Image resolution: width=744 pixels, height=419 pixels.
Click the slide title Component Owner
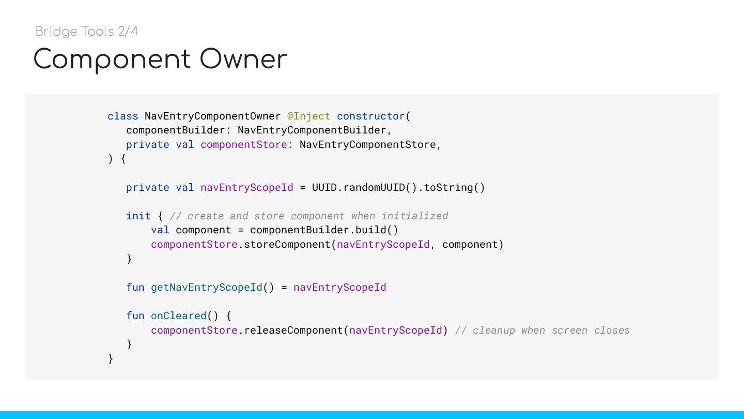pos(160,59)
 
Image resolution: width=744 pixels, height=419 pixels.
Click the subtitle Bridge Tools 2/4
pos(87,32)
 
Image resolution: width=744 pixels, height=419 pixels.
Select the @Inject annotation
pos(308,116)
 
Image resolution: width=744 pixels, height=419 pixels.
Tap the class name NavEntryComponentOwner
pos(212,116)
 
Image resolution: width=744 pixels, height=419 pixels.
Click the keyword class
pos(122,116)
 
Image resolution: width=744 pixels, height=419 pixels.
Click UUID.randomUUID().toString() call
pos(398,187)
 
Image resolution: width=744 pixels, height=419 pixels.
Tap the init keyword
pos(138,216)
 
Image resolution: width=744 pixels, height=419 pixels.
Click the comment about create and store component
pos(309,216)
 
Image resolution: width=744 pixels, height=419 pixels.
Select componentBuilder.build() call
pos(324,230)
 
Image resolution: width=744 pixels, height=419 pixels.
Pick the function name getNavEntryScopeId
pos(206,287)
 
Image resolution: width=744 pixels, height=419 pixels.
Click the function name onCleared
pos(178,316)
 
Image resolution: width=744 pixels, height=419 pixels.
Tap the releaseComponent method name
pos(293,330)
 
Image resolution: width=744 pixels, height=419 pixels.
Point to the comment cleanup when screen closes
pos(542,330)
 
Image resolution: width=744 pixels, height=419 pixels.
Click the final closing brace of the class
pos(111,358)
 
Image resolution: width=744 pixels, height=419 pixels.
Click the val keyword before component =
pos(160,230)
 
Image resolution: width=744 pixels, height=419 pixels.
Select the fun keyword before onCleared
pos(135,316)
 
